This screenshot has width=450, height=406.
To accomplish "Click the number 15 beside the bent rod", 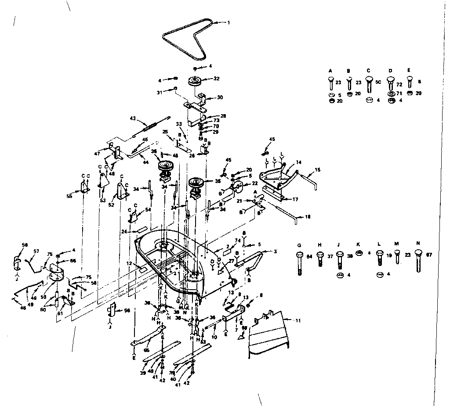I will click(318, 170).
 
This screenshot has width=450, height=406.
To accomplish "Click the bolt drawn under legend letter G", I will click(299, 262).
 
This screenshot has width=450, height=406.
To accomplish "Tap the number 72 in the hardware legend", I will click(399, 83).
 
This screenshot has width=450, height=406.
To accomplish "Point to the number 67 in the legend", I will click(429, 254).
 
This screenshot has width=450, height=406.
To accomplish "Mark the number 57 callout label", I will click(36, 252).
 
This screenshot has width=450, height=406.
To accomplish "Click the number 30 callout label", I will click(220, 97).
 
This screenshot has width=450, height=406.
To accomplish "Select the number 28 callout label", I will click(223, 116).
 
